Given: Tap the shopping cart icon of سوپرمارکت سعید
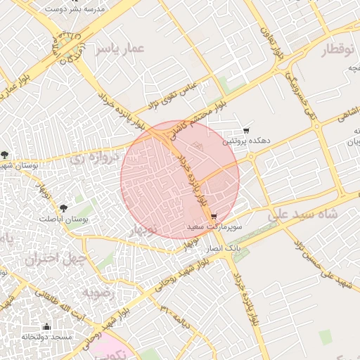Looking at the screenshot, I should click(213, 217).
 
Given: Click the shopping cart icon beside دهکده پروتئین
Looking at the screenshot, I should click(246, 131).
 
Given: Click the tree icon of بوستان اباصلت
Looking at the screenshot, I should click(64, 208).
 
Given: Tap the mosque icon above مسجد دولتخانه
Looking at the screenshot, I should click(47, 326).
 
